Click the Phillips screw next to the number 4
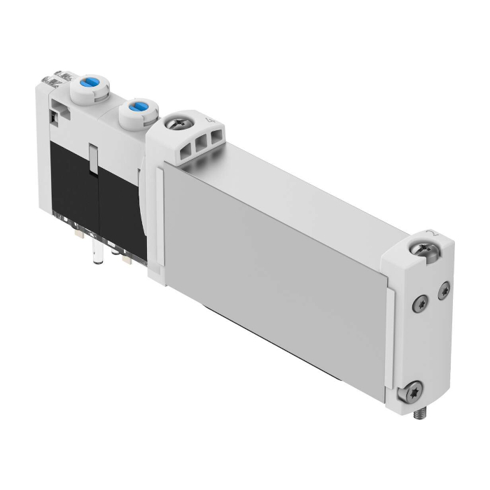174,125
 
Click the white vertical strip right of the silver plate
390,336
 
